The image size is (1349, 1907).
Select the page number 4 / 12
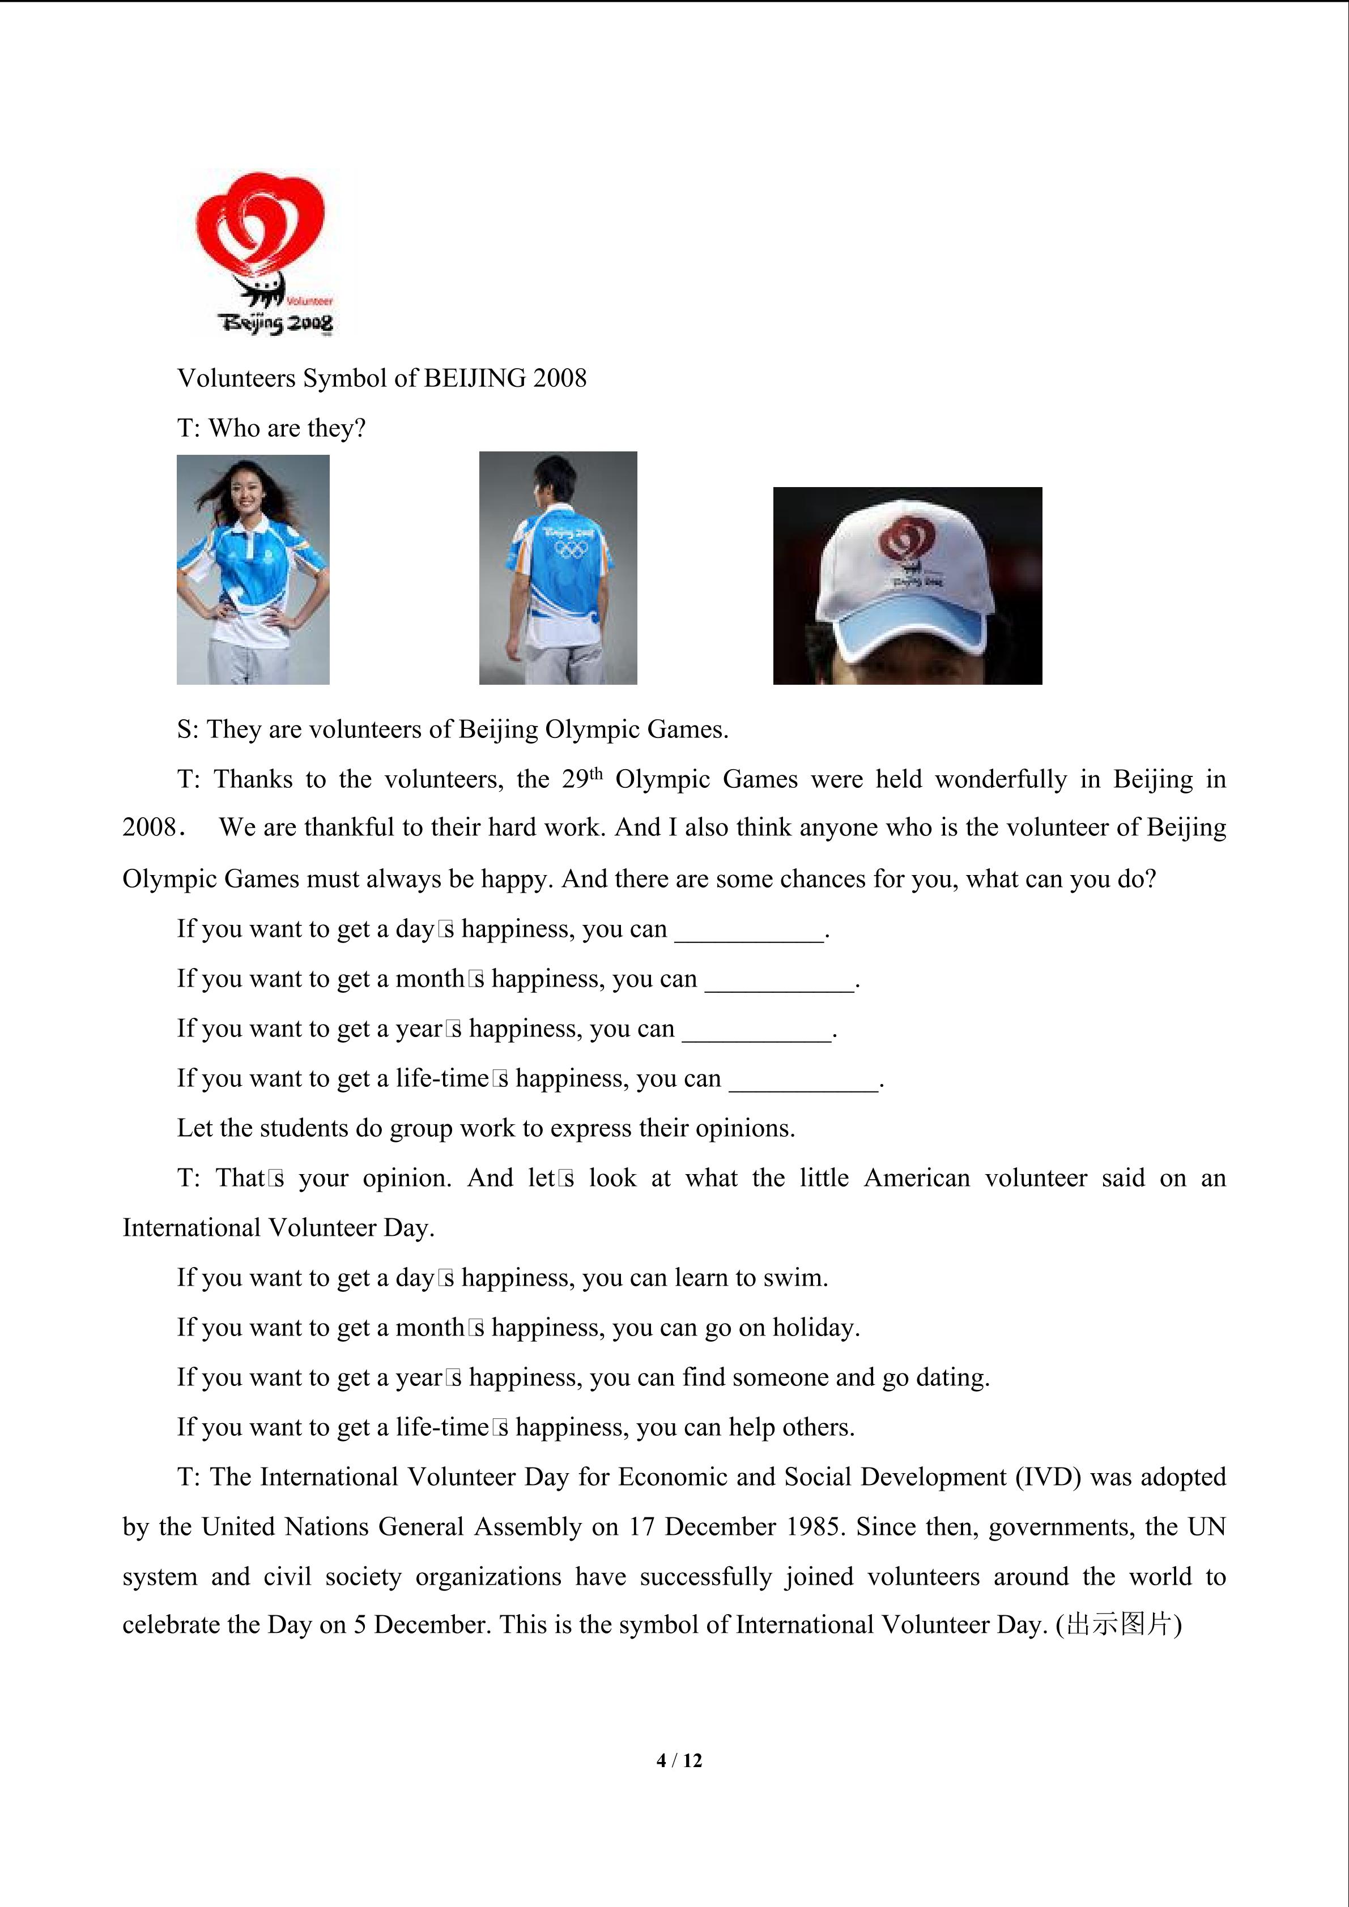(679, 1760)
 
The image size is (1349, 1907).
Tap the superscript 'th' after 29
(595, 773)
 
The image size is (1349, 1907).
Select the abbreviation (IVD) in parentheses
(1048, 1477)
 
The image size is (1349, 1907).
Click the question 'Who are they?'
(287, 429)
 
